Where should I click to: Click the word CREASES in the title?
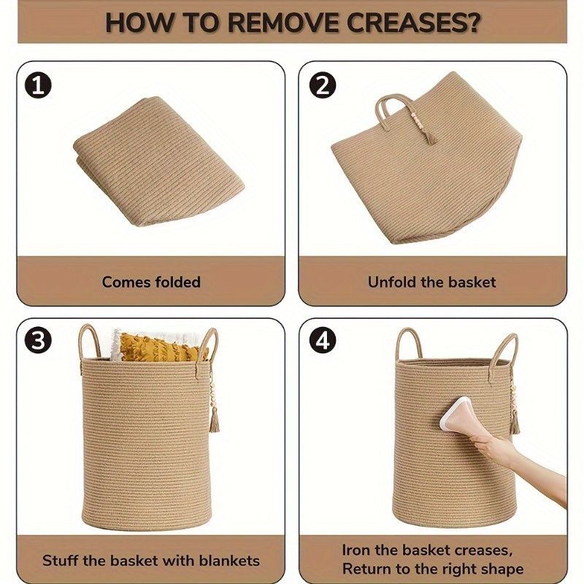[x=413, y=23]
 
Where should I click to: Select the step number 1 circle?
[x=38, y=86]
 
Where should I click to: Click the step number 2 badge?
[x=323, y=86]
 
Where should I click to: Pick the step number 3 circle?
[x=38, y=341]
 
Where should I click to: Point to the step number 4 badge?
[x=323, y=341]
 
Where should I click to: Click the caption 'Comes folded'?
[x=151, y=282]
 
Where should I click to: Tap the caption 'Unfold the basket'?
[x=431, y=282]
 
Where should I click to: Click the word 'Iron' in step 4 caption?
[x=357, y=550]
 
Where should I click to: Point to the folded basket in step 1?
[x=159, y=161]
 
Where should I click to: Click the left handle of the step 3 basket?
[x=90, y=342]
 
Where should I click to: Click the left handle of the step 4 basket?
[x=407, y=345]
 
